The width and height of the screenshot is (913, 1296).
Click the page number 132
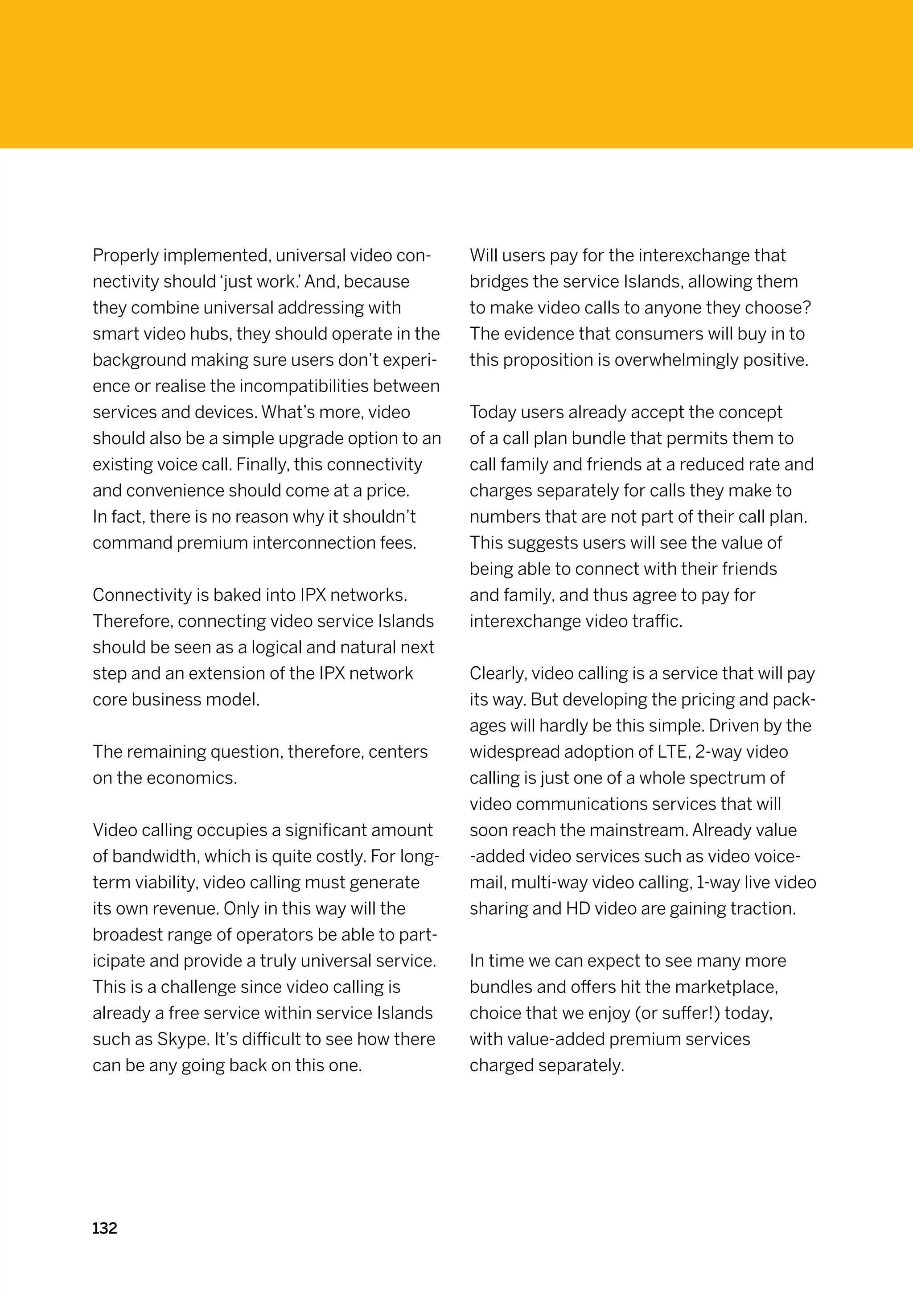coord(104,1228)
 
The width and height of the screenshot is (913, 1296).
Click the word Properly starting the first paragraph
coord(126,256)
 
